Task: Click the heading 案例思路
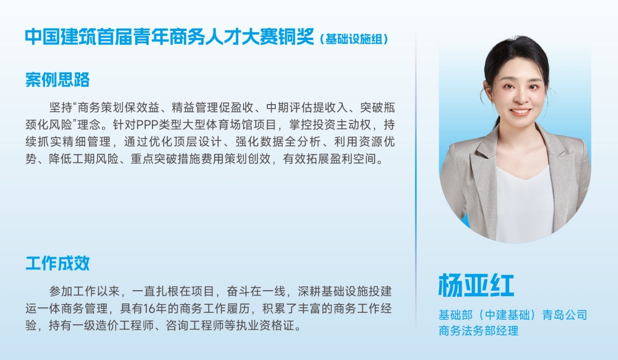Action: tap(57, 80)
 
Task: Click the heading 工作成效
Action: tap(57, 263)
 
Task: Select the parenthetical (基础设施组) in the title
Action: tap(354, 38)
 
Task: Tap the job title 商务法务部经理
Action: tap(478, 331)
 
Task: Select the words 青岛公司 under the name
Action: tap(565, 315)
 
